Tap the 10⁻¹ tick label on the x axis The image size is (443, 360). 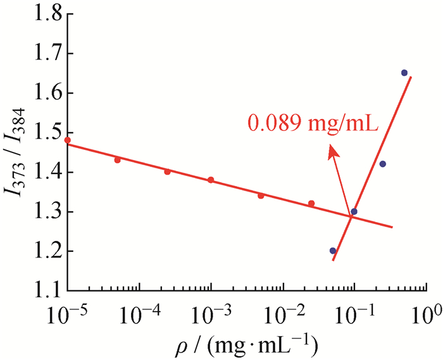coord(354,312)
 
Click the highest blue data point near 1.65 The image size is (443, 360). coord(404,73)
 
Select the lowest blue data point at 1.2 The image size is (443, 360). coord(333,251)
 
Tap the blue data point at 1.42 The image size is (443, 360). coord(382,164)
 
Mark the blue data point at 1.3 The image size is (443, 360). coord(354,211)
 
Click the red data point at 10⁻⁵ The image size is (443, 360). coord(67,140)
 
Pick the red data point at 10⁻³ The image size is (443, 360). coord(211,180)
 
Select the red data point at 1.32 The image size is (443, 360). coord(311,203)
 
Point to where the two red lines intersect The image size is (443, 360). coord(350,217)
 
